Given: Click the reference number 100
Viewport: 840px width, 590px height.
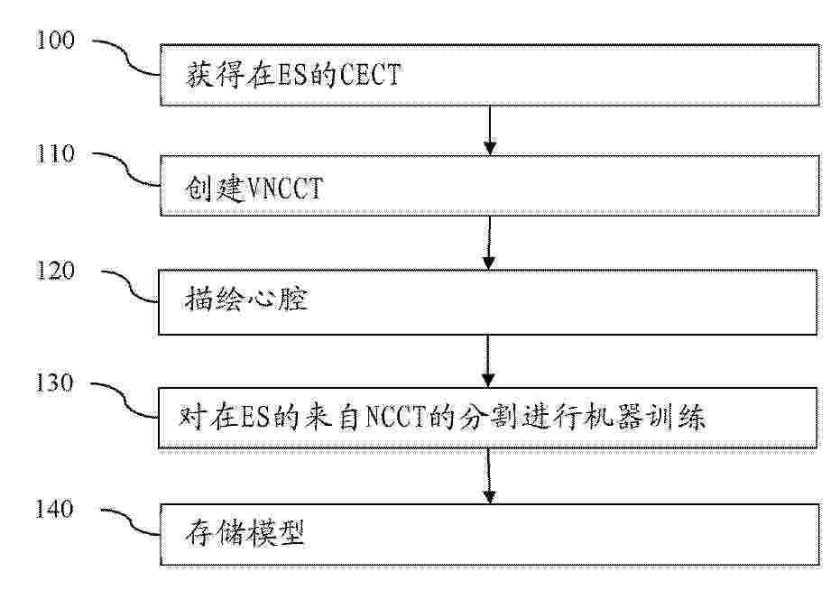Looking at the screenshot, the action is tap(55, 41).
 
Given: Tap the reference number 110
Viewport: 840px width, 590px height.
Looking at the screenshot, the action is tap(55, 153).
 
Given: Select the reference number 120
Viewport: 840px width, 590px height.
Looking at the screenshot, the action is tap(55, 271).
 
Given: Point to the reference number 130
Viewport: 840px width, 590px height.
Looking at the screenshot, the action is tap(54, 383).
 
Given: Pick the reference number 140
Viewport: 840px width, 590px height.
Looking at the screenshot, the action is tap(54, 509).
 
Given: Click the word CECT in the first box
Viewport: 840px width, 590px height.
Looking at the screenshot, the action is tap(370, 74).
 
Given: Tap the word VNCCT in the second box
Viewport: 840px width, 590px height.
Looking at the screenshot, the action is tap(284, 188).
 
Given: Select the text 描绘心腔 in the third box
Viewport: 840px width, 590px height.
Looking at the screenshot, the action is tap(246, 298).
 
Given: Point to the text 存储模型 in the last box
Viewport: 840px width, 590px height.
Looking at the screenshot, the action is tap(245, 532).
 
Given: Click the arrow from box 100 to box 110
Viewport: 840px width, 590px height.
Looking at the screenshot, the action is tap(490, 130).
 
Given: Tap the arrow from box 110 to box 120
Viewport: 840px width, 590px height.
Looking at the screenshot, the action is tap(489, 243).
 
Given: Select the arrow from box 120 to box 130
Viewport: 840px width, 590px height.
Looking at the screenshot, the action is tap(488, 361).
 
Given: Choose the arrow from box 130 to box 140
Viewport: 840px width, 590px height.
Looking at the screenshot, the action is tap(489, 475).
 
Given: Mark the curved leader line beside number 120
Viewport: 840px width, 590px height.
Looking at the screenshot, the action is tap(130, 286).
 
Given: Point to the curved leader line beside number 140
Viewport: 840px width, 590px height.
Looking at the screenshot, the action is tap(130, 521).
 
